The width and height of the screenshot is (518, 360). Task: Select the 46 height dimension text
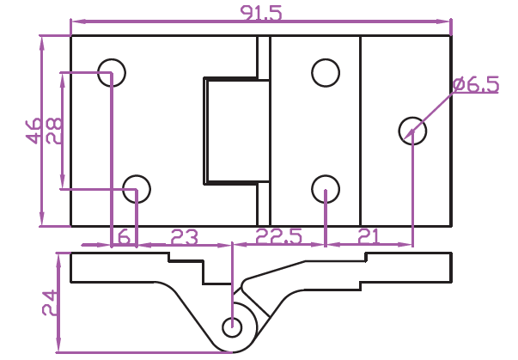click(x=34, y=131)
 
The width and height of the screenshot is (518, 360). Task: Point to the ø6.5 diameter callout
click(x=476, y=84)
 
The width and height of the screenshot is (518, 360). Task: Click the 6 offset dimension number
click(x=124, y=236)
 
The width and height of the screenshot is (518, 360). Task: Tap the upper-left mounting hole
click(x=112, y=72)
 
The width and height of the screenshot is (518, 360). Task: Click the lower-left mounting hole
click(x=137, y=187)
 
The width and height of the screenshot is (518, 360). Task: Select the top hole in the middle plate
click(x=326, y=72)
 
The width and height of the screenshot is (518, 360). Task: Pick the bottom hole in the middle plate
click(x=326, y=187)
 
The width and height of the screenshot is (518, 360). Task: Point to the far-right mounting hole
click(x=412, y=131)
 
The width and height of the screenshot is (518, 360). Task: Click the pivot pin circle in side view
click(x=232, y=326)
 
